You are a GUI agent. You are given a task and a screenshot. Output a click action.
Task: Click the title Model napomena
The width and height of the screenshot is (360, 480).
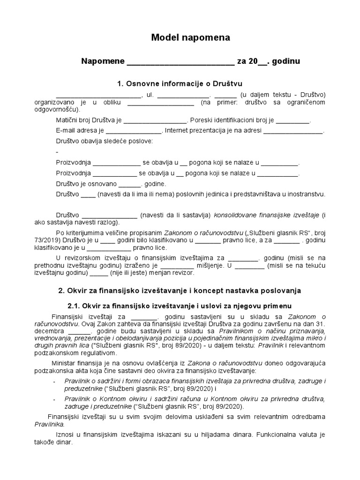190,37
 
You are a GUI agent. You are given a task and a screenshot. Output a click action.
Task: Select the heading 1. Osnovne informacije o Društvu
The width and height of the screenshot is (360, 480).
180,83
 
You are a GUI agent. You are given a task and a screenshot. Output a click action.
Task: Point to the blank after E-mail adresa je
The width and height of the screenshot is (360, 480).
134,131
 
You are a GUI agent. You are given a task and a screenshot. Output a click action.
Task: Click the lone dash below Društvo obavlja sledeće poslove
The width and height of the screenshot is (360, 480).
57,152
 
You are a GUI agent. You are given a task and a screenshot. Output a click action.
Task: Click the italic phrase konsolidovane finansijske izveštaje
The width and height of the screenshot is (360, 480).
266,215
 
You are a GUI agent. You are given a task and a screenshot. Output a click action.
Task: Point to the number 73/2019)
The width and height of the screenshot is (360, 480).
48,240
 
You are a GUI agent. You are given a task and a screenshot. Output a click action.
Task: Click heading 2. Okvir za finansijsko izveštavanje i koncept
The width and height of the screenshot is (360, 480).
180,291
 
